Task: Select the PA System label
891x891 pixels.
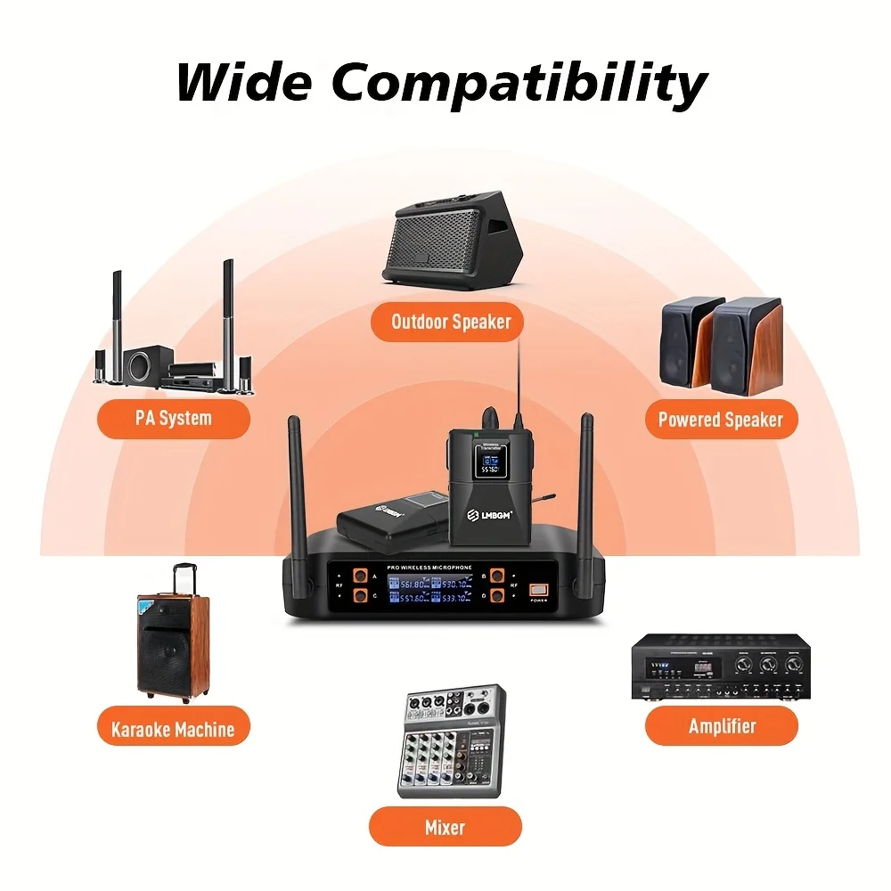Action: tap(173, 418)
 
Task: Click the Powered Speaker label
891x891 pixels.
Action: tap(720, 419)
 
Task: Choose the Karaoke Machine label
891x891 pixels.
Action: tap(173, 729)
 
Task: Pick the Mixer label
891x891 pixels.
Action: tap(445, 827)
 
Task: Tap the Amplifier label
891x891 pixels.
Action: tap(722, 726)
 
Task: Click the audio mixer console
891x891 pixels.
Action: tap(451, 740)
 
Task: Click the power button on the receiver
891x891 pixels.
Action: tap(540, 591)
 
